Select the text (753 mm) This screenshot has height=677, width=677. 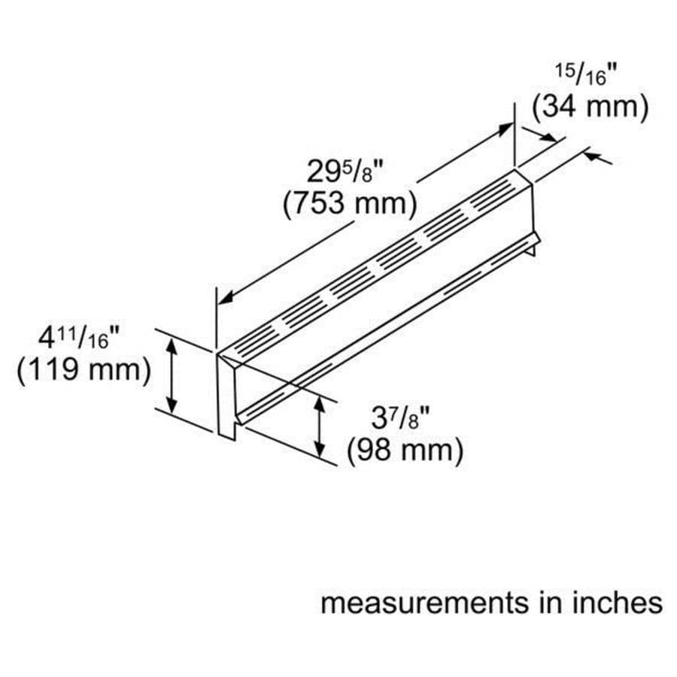point(350,205)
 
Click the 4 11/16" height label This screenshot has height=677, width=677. point(69,338)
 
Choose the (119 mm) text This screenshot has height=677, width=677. point(84,370)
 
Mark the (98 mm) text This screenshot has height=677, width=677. point(405,451)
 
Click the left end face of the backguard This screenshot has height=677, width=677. point(226,395)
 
